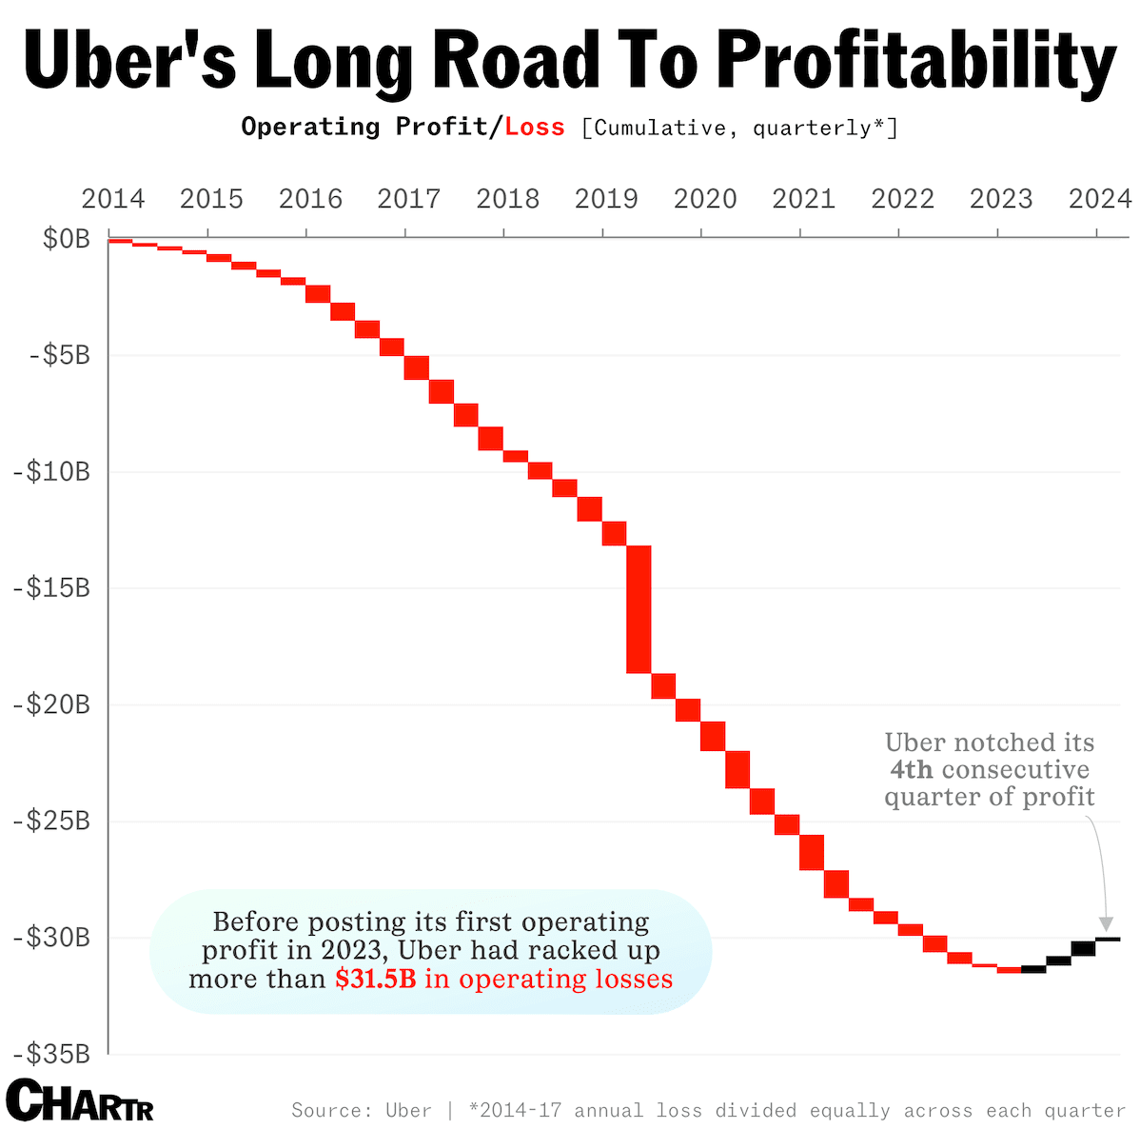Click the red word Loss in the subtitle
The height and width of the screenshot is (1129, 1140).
click(535, 127)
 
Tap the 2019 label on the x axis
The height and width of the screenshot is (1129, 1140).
click(606, 199)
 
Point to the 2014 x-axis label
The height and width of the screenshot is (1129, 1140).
click(113, 199)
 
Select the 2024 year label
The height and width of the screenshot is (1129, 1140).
click(1099, 199)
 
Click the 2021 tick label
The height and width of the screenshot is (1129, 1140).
click(803, 199)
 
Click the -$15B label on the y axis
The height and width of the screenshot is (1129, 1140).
click(51, 588)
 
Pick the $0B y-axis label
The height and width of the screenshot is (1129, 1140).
click(67, 238)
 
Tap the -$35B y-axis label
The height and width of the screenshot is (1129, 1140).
click(51, 1054)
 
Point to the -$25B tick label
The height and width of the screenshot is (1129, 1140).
click(51, 821)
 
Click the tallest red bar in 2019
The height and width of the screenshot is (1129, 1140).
click(639, 609)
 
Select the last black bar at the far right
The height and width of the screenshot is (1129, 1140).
click(1108, 940)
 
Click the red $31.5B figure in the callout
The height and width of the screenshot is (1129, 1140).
click(375, 979)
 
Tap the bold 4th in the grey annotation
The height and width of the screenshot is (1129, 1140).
click(911, 769)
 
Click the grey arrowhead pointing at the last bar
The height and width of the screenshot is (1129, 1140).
click(1105, 924)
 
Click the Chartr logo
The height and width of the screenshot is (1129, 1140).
click(80, 1101)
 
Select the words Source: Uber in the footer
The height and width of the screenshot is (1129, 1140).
click(361, 1110)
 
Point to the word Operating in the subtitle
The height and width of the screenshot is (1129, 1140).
click(310, 127)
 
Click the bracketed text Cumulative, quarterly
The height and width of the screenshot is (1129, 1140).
click(739, 127)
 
